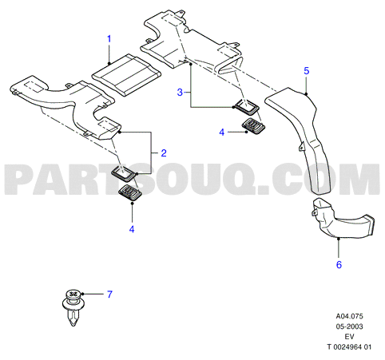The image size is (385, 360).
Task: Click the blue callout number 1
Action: (x=109, y=39)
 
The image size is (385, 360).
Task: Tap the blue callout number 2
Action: (x=164, y=153)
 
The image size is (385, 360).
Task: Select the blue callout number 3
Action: (x=181, y=93)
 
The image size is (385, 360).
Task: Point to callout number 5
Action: (x=307, y=71)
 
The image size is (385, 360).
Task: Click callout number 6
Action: (x=339, y=265)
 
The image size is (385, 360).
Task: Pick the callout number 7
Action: (x=109, y=295)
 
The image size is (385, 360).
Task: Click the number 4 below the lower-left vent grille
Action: (x=132, y=229)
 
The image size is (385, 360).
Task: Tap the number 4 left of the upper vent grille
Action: (x=222, y=133)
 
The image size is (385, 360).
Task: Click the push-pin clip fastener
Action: (x=74, y=307)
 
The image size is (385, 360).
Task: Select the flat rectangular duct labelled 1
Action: (x=126, y=75)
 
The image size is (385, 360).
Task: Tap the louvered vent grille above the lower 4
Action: (x=130, y=192)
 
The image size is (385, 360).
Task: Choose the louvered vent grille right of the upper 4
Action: (x=254, y=126)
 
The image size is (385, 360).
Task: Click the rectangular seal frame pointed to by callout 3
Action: (x=246, y=107)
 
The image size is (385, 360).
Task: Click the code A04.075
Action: (x=350, y=316)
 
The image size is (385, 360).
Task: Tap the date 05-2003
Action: (x=350, y=326)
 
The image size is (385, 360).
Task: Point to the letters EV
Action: (x=350, y=337)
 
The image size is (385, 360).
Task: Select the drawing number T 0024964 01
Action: (x=349, y=347)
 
